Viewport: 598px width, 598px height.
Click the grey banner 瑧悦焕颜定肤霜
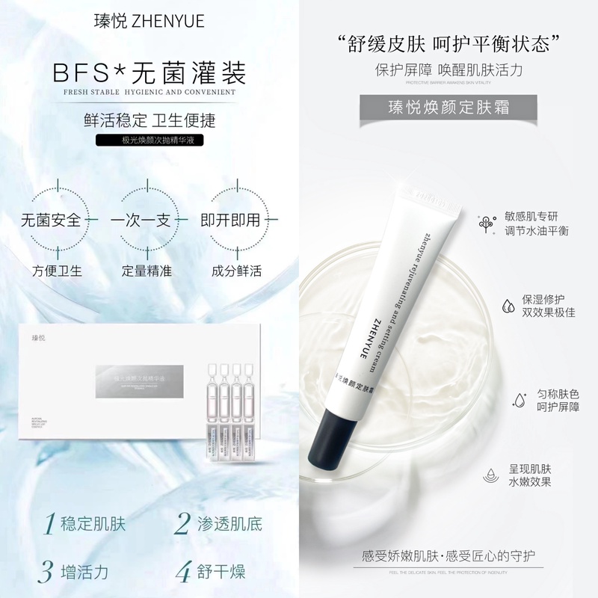[446, 105]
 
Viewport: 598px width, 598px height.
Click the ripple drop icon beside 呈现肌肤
[490, 476]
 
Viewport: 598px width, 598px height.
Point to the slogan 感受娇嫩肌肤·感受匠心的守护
[446, 556]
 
